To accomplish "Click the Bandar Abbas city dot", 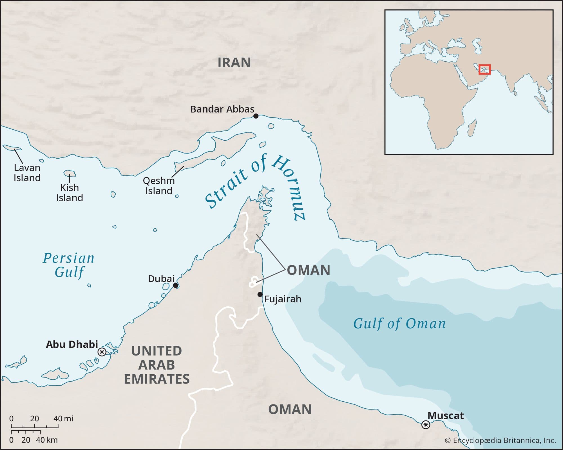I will click(256, 116).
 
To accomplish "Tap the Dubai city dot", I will click(175, 285).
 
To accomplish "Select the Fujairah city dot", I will click(260, 294).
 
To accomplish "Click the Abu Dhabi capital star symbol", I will click(102, 352).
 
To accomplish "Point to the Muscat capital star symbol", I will click(426, 425).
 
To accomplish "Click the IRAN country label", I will click(234, 62).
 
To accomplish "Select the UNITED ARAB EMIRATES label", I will click(157, 365).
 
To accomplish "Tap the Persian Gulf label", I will click(68, 265).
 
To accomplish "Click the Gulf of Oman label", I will click(399, 323).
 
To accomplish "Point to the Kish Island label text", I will click(69, 193).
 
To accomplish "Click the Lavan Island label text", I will click(27, 173).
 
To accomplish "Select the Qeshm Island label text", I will click(158, 186).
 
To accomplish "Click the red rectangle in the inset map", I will click(484, 69).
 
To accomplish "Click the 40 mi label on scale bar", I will click(63, 418).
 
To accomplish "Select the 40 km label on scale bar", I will click(46, 440).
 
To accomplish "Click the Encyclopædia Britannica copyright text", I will click(500, 440).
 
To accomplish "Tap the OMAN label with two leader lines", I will click(308, 270).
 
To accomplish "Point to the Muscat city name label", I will click(445, 416).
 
